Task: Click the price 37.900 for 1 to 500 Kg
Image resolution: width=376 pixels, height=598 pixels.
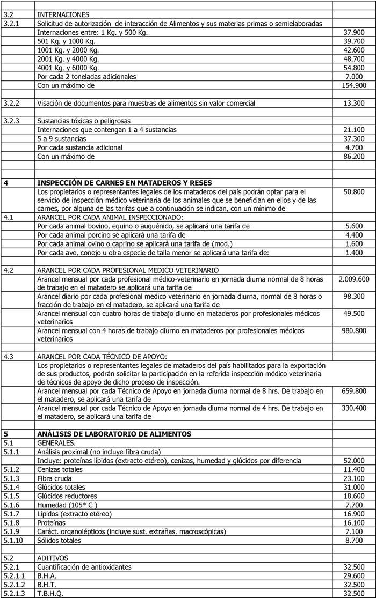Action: coord(354,32)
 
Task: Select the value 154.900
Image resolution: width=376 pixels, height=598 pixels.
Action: coord(354,85)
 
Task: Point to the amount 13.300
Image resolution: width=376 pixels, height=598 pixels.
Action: coord(354,103)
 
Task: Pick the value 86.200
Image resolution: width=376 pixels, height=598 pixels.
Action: coord(354,156)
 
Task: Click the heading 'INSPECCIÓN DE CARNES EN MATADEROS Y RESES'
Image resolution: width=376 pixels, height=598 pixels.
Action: coord(124,182)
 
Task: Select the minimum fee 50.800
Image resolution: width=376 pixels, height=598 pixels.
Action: coord(354,191)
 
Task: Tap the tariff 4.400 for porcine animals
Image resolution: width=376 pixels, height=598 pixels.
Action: coord(355,235)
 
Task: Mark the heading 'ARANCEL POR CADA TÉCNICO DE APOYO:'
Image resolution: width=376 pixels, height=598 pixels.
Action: coord(102,356)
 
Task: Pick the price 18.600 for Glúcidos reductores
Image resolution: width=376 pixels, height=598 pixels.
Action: coord(354,496)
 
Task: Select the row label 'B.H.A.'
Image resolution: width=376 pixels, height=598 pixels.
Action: coord(47,575)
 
